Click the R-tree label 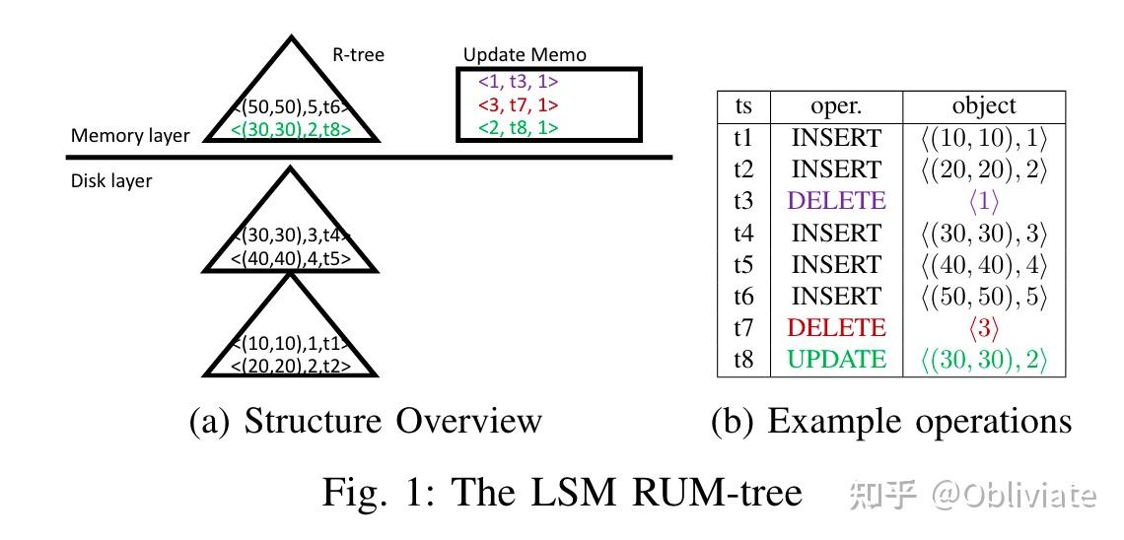[x=357, y=55]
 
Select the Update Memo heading [x=525, y=55]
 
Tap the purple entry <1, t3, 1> [x=519, y=82]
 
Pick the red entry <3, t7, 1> [x=519, y=104]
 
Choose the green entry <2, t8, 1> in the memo [x=519, y=127]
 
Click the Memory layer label [x=130, y=136]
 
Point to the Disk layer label [x=111, y=181]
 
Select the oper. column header [x=836, y=106]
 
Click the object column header [x=983, y=106]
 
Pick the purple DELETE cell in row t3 [x=836, y=201]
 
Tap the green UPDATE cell [x=836, y=360]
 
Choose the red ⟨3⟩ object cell [x=983, y=328]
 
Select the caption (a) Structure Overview [x=365, y=421]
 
